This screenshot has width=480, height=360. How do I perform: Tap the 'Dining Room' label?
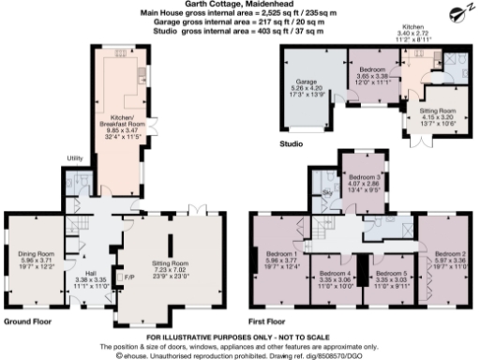(x=36, y=251)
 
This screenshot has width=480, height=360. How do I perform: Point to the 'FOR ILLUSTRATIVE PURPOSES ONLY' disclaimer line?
(x=239, y=336)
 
